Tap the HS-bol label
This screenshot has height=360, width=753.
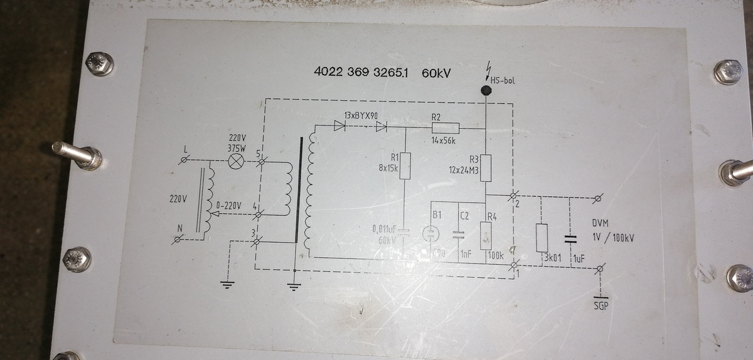click(x=503, y=80)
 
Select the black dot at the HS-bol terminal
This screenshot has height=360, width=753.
click(x=486, y=90)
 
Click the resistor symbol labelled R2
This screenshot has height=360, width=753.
click(x=446, y=129)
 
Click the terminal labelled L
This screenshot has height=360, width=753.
click(x=184, y=162)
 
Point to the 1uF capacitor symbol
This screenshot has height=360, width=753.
click(x=570, y=238)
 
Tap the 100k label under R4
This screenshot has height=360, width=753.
click(x=496, y=255)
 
